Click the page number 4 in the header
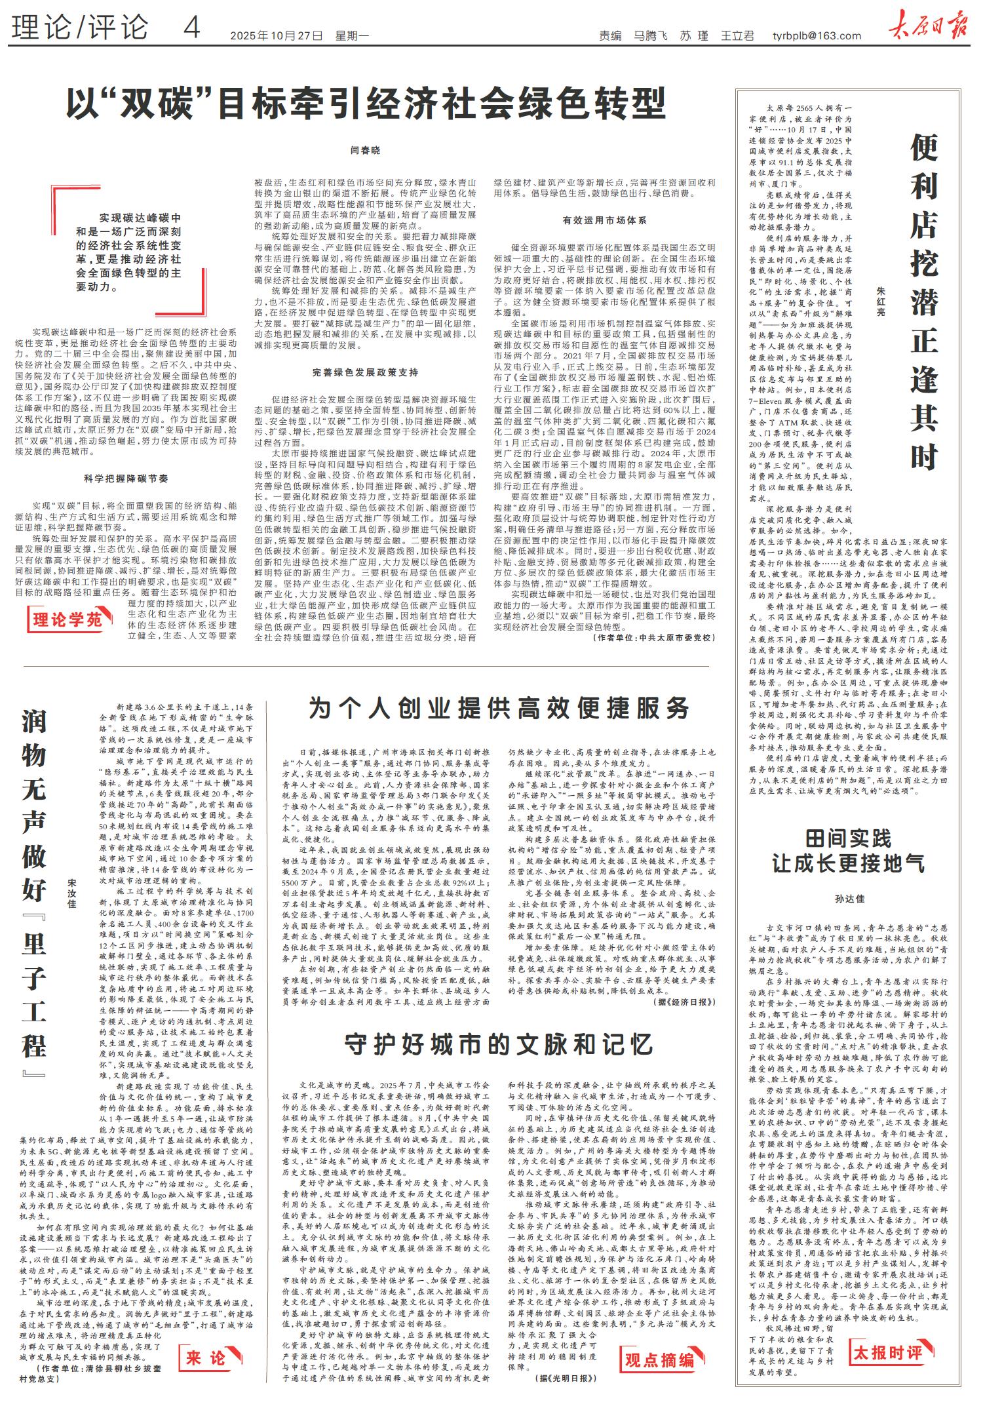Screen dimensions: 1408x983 point(191,28)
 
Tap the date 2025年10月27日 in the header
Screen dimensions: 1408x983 point(277,35)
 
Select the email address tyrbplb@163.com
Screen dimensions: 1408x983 point(817,35)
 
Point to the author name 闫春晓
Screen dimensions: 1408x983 point(366,151)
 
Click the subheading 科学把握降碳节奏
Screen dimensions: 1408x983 point(126,479)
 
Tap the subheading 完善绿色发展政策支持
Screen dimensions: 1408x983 point(365,373)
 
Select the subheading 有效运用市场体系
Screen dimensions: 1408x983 point(604,221)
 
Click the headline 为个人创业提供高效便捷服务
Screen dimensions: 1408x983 point(499,708)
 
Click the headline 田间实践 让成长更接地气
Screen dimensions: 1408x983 point(849,850)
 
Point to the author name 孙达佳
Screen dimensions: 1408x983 point(849,898)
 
